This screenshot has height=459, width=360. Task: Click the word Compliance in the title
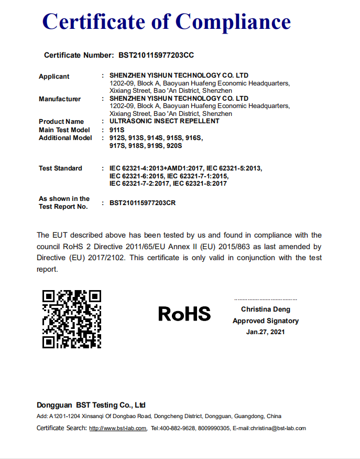tap(233, 22)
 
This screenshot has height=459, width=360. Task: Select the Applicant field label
tap(54, 77)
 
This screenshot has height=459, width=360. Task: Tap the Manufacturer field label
tap(60, 99)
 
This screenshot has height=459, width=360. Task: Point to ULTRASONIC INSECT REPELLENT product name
tap(165, 121)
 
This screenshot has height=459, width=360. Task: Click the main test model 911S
tap(117, 130)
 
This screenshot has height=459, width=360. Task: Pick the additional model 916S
tap(194, 138)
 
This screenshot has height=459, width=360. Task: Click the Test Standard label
tap(60, 168)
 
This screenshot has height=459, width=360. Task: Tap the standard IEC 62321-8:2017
tap(200, 184)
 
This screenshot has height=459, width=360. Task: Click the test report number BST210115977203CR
tap(143, 203)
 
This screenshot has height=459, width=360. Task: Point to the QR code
tap(72, 319)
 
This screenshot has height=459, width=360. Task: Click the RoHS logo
tap(184, 314)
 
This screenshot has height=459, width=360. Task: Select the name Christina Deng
tap(266, 309)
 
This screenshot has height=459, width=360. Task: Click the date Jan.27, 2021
tap(266, 332)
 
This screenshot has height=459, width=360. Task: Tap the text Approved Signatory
tap(266, 321)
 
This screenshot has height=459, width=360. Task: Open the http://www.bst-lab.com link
tap(118, 428)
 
